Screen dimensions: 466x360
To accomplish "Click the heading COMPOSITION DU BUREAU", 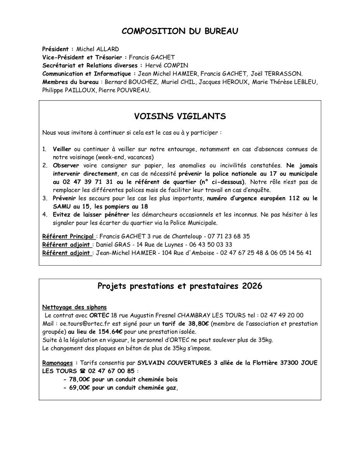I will click(180, 31).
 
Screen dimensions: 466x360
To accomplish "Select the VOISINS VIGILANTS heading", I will click(180, 116).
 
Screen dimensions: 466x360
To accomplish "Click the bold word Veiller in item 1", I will click(62, 149).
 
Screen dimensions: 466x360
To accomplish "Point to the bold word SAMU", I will click(62, 207).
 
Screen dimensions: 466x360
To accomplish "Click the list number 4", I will click(45, 214).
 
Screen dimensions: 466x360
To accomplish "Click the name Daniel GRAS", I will click(112, 244).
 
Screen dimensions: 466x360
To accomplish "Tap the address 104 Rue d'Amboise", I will click(172, 252).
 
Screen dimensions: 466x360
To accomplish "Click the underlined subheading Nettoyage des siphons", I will click(74, 307).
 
